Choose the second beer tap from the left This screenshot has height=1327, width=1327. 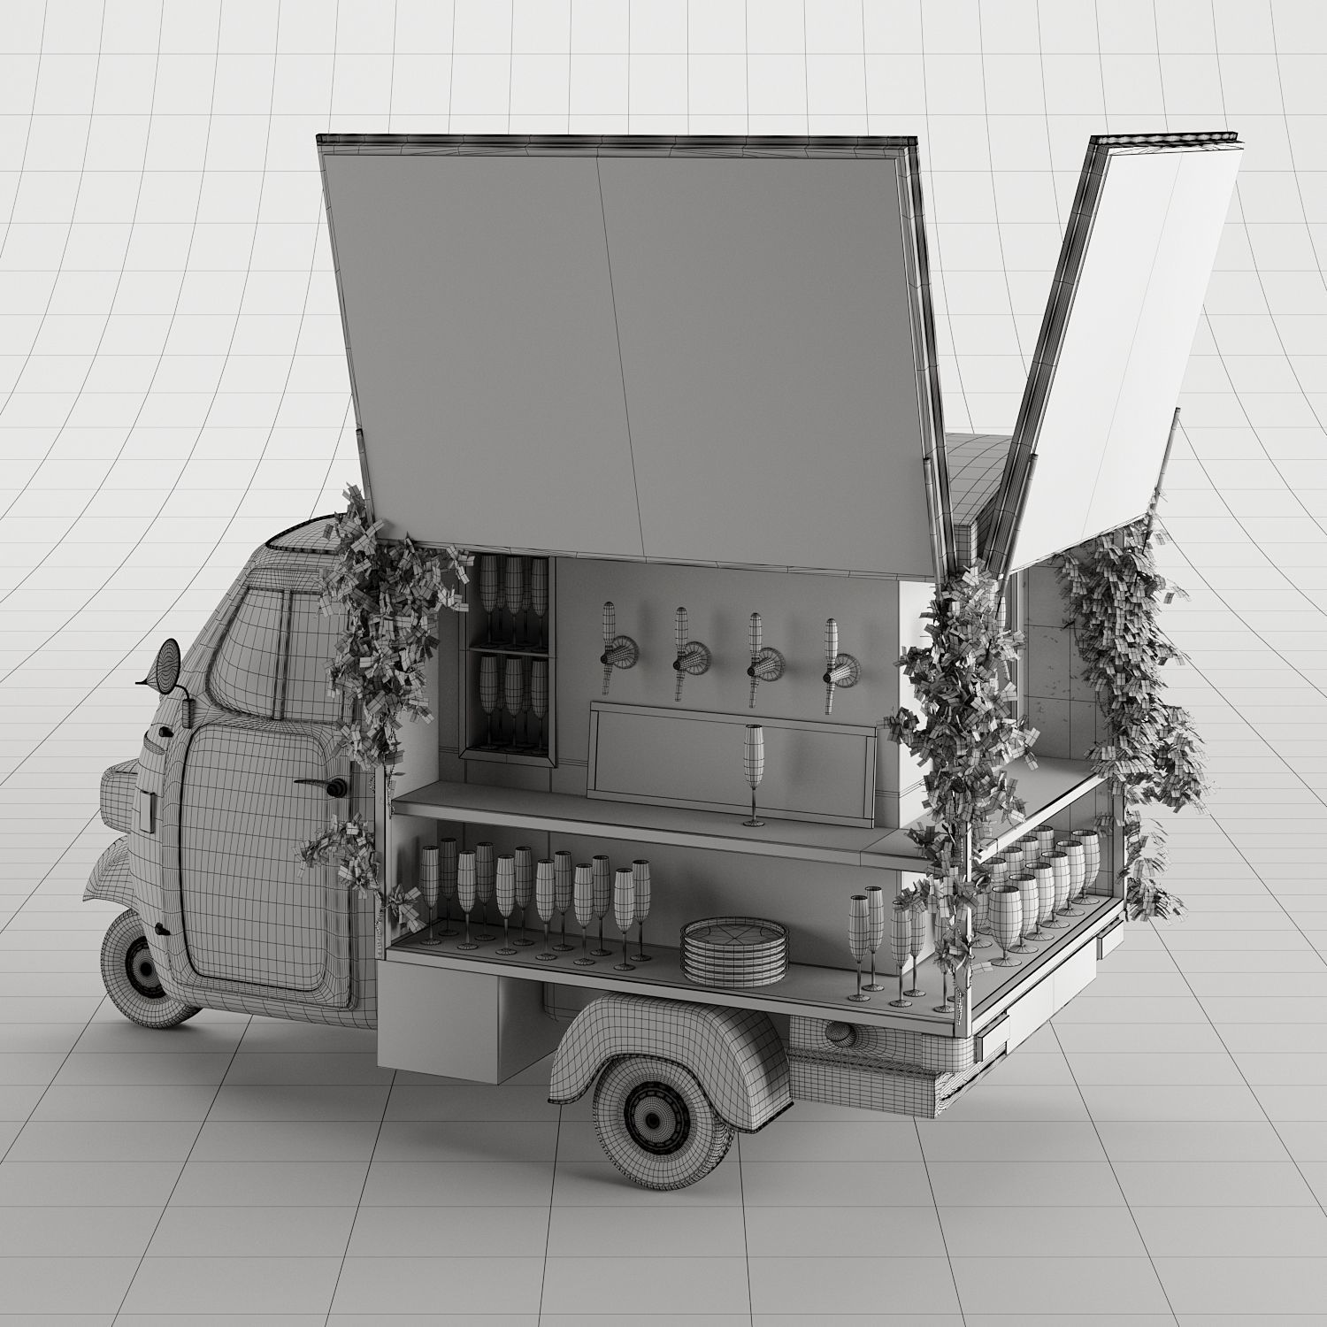[683, 651]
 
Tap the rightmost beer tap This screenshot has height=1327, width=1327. [832, 664]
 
